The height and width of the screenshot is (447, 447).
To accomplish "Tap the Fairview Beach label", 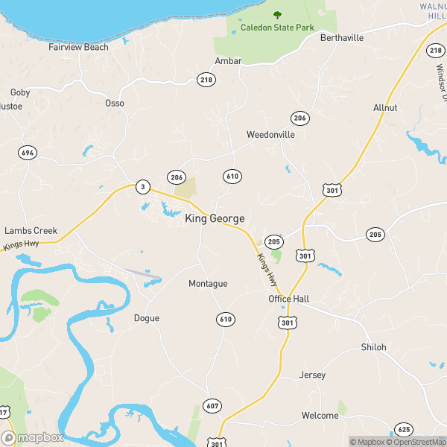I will [78, 47].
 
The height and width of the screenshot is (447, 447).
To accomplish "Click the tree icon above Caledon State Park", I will [277, 14].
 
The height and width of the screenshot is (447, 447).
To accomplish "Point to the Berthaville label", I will [342, 37].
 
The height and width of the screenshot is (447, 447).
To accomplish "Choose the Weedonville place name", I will [271, 135].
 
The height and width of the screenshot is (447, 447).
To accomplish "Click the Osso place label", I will [115, 103].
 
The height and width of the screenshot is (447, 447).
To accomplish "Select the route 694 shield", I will [28, 153].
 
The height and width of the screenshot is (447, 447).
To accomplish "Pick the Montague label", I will [208, 284].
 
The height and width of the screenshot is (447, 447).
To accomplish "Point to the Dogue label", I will [146, 318].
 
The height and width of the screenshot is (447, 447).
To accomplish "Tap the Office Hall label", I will [289, 299].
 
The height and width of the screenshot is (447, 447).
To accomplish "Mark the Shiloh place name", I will [374, 347].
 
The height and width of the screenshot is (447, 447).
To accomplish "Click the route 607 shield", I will [213, 406].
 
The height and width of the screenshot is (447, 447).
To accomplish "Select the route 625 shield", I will [404, 429].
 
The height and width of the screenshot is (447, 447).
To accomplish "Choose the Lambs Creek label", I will [31, 231].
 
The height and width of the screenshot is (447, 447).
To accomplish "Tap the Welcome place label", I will [320, 415].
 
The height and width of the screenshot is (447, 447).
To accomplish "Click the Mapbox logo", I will [33, 438].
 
